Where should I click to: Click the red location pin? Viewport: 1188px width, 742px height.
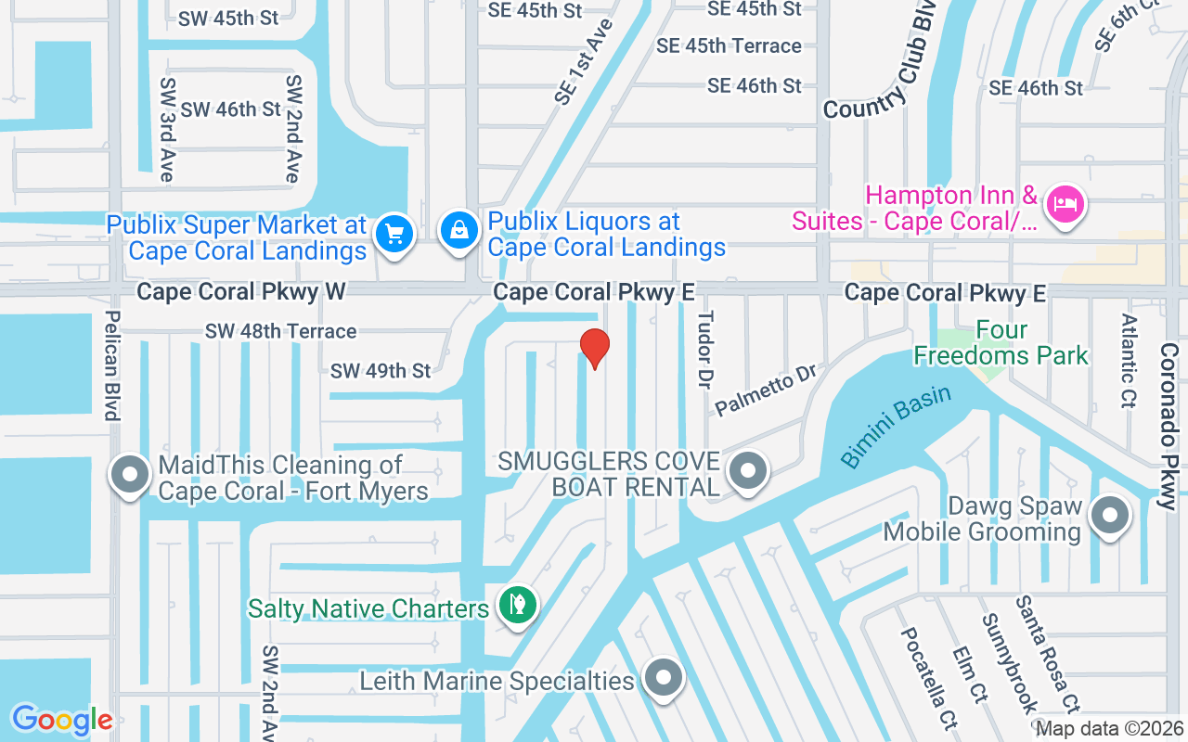pyautogui.click(x=594, y=349)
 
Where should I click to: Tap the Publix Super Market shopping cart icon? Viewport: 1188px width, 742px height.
pyautogui.click(x=394, y=234)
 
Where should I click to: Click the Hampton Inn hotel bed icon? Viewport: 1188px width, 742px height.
pyautogui.click(x=1064, y=203)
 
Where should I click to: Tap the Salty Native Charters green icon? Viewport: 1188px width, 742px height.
pyautogui.click(x=517, y=606)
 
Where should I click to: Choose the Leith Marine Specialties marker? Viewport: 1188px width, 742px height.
pyautogui.click(x=663, y=679)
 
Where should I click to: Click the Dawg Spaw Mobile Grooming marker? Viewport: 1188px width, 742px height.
pyautogui.click(x=1108, y=515)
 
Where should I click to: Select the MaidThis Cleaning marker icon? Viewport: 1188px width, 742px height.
pyautogui.click(x=131, y=474)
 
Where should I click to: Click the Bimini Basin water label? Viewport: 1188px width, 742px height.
pyautogui.click(x=896, y=426)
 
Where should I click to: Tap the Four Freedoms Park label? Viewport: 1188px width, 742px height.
pyautogui.click(x=1001, y=343)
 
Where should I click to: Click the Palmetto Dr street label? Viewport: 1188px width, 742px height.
pyautogui.click(x=766, y=390)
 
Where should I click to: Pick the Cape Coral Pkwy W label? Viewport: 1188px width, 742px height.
pyautogui.click(x=241, y=292)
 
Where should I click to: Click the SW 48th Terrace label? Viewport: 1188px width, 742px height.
pyautogui.click(x=280, y=331)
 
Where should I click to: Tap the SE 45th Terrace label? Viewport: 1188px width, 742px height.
pyautogui.click(x=729, y=45)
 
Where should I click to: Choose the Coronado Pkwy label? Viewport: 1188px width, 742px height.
pyautogui.click(x=1169, y=427)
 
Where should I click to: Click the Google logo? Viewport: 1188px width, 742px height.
pyautogui.click(x=61, y=720)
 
